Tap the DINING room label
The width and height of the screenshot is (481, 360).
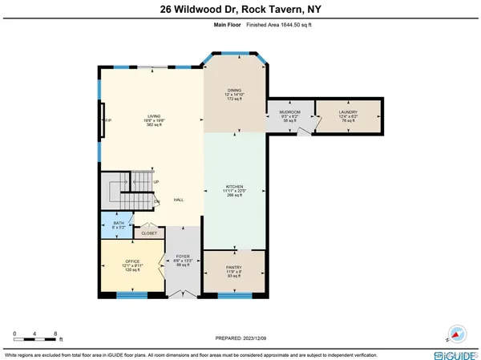coord(234,90)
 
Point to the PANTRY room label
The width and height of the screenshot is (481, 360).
coord(232,267)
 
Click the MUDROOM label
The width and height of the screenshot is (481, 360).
coord(289,112)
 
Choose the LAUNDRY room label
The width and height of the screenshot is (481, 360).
coord(347,112)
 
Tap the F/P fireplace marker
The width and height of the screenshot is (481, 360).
coord(107,120)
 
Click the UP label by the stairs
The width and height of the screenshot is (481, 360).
coord(156,183)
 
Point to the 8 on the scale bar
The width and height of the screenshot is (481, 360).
coord(55,332)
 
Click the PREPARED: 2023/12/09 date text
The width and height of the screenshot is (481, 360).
coord(240,338)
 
